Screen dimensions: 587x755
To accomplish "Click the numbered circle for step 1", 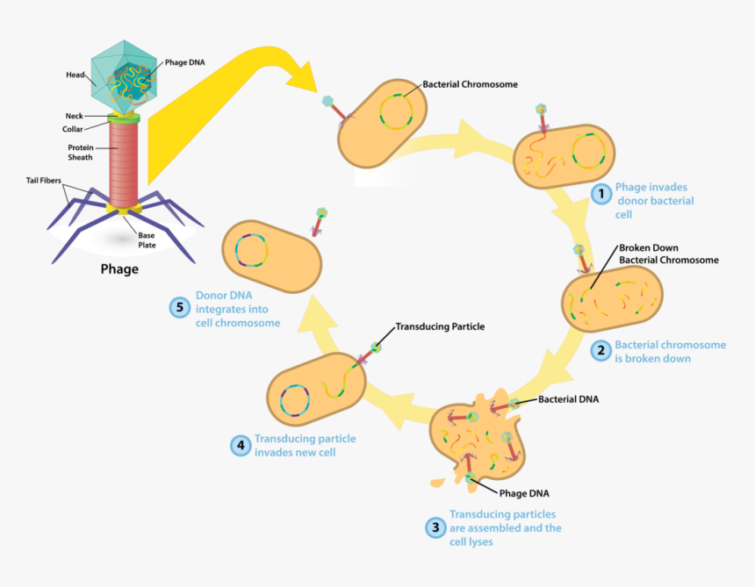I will pos(600,194).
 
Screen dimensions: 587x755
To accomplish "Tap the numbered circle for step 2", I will pos(600,351).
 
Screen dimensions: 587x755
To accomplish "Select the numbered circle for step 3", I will pos(435,527).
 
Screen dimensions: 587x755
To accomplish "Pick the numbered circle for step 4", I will pos(241,445).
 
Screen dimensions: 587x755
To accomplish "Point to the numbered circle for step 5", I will pos(180,307).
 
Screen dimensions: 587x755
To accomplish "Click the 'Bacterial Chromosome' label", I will pos(470,85).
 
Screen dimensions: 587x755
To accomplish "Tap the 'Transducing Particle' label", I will pos(439,326).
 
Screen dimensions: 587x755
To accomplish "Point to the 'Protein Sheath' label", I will pos(81,154).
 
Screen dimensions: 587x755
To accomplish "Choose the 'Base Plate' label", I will pos(146,240).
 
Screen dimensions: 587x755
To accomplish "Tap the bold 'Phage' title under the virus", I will pos(119,269).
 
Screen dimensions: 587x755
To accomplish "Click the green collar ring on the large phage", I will pos(125,118).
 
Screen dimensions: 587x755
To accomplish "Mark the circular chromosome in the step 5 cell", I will pos(249,247).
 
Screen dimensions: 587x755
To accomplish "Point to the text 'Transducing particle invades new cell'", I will pos(305,445).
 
